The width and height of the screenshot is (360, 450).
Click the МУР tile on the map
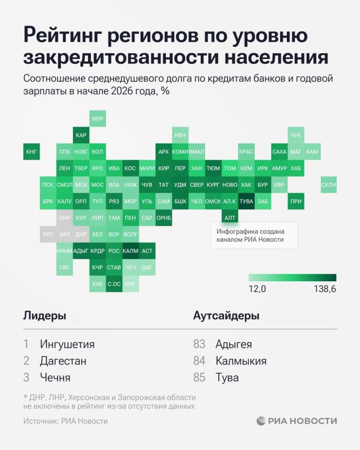pos(98,119)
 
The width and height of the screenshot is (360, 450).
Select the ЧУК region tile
pos(296,136)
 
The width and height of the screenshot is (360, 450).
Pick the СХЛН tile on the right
pos(328,184)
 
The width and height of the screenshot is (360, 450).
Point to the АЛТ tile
pos(230,217)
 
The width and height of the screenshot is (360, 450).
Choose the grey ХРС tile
pos(48,233)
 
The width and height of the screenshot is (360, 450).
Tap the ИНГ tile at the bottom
pos(130,283)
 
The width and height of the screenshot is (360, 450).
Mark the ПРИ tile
pos(296,201)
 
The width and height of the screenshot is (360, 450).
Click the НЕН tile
pos(181,136)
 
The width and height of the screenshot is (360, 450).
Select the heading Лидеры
pos(44,316)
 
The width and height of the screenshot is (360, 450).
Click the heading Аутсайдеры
pos(226,316)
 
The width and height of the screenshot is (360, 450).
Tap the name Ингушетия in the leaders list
pos(67,344)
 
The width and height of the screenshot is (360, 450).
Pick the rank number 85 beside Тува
pos(200,377)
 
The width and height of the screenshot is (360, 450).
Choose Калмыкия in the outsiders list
pos(241,361)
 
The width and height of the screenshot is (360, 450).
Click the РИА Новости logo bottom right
pos(297,421)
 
